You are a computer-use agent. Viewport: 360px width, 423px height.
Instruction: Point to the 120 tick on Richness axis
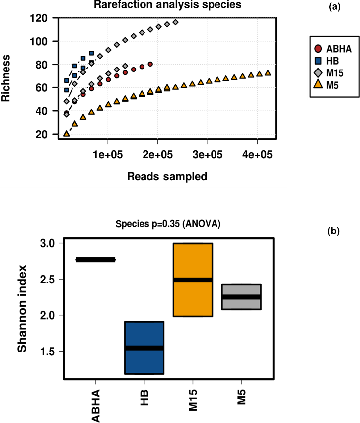click(x=38, y=18)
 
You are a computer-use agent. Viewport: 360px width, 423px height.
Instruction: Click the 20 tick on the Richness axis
click(x=42, y=135)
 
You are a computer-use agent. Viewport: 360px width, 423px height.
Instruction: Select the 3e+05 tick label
click(x=207, y=154)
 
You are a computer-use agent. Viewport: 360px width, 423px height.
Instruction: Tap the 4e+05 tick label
click(x=257, y=154)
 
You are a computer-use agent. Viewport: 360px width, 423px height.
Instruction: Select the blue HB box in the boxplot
click(x=144, y=348)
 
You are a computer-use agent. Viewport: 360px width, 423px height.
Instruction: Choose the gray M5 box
click(x=241, y=297)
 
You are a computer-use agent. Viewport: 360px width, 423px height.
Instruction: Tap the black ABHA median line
click(x=95, y=259)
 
